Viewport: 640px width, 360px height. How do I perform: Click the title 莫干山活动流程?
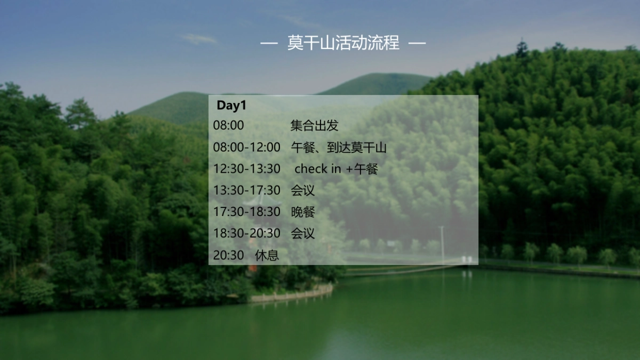[343, 43]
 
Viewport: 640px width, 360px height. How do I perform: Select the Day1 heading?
[231, 106]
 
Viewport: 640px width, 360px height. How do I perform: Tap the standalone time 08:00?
[228, 126]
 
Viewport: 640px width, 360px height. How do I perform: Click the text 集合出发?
[314, 126]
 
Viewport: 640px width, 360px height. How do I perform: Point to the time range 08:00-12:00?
[246, 147]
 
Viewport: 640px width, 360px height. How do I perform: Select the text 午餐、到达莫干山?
[339, 147]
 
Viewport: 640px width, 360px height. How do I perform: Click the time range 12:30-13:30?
[246, 169]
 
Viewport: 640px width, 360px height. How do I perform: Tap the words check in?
[318, 169]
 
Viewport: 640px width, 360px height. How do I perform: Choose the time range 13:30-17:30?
[246, 190]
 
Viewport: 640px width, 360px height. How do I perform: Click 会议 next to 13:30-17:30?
[302, 190]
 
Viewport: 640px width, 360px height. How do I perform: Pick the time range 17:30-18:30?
[246, 212]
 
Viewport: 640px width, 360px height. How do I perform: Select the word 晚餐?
[302, 212]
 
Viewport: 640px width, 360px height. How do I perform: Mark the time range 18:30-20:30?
[246, 233]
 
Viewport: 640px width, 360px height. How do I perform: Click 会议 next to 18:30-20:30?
[302, 233]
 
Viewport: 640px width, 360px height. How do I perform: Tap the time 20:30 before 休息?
[228, 255]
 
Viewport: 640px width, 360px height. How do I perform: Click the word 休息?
[267, 255]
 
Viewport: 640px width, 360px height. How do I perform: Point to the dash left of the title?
[269, 43]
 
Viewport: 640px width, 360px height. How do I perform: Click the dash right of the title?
[417, 43]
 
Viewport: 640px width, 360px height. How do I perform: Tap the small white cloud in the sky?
[198, 39]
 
